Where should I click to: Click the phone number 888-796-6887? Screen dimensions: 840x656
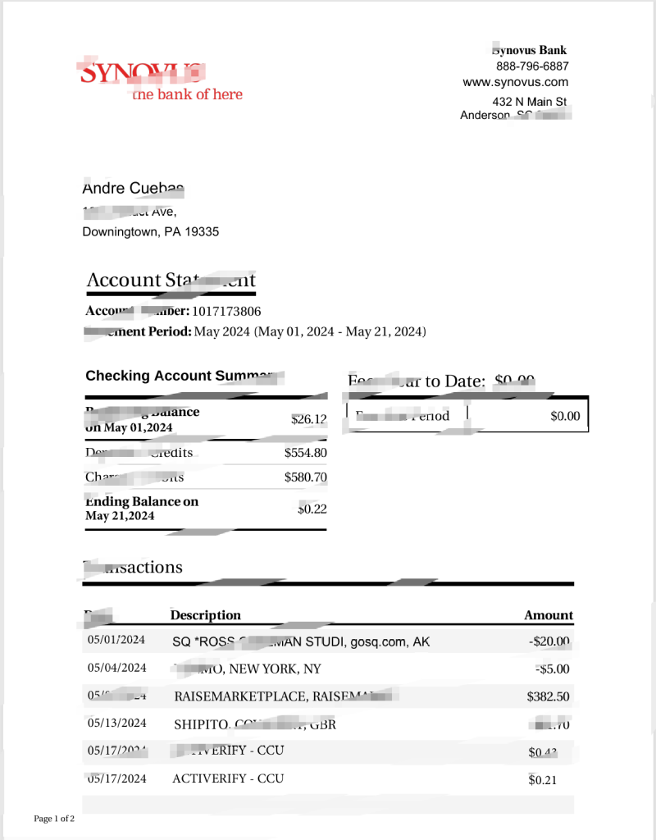click(x=531, y=66)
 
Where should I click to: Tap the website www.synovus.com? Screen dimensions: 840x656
click(x=515, y=82)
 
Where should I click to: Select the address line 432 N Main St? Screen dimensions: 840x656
click(x=529, y=102)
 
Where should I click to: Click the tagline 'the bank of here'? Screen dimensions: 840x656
click(x=188, y=94)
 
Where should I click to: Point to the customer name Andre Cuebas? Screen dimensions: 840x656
click(x=133, y=189)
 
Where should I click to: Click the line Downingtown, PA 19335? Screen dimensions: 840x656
click(x=151, y=232)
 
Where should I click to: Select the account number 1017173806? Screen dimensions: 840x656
click(x=227, y=312)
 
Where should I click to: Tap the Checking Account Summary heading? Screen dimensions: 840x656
click(x=184, y=376)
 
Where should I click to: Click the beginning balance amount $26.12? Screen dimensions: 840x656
click(x=309, y=419)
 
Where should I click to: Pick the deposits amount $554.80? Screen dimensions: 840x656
click(x=306, y=453)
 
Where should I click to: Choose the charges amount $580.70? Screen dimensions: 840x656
click(x=306, y=477)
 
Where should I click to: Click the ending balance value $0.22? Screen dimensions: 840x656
click(x=312, y=509)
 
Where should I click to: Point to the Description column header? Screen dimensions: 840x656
click(x=206, y=615)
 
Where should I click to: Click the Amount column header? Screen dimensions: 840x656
click(x=549, y=615)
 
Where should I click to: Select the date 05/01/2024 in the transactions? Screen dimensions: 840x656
click(x=116, y=640)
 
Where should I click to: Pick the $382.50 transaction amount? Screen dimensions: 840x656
click(x=548, y=697)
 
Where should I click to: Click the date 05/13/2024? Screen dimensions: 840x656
click(x=116, y=724)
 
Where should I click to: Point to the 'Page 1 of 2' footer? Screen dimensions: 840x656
click(x=54, y=819)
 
